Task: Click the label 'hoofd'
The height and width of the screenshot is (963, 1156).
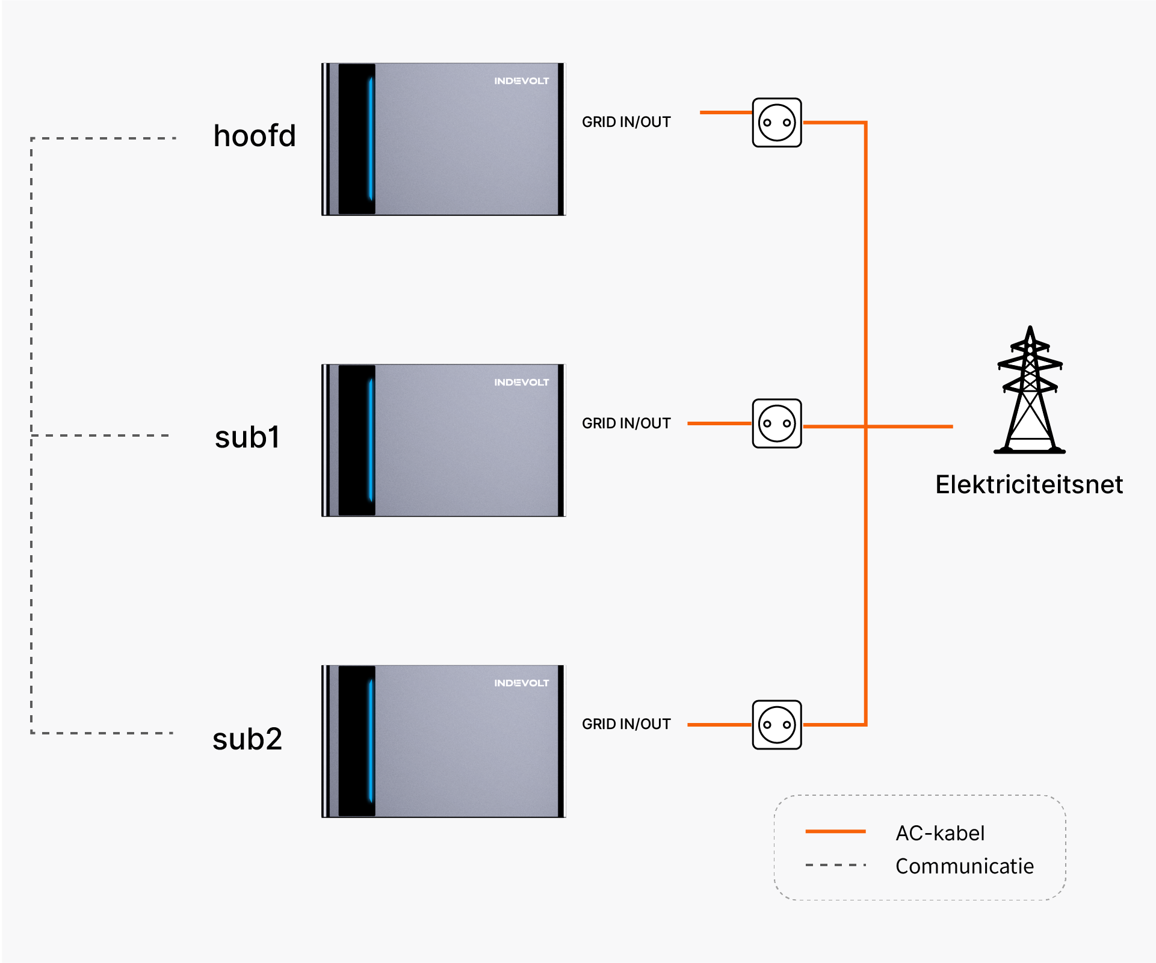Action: click(x=255, y=135)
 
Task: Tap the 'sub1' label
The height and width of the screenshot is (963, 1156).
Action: click(x=247, y=437)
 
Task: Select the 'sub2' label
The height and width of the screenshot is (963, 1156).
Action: click(x=247, y=739)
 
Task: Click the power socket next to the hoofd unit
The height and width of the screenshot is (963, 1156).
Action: click(x=777, y=123)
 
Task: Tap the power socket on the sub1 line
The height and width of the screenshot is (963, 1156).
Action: click(x=777, y=423)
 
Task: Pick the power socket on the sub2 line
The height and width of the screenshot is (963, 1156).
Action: click(x=777, y=725)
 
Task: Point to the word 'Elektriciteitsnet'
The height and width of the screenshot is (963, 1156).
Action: click(x=1029, y=484)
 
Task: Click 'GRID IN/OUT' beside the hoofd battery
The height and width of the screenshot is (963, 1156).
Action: click(x=626, y=122)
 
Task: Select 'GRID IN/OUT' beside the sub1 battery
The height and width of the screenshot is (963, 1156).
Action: click(x=626, y=423)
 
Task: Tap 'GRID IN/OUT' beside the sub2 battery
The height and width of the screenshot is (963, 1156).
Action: click(x=626, y=724)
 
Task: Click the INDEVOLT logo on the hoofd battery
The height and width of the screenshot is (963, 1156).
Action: click(x=522, y=81)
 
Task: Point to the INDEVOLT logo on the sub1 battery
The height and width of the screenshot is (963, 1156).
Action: click(x=522, y=383)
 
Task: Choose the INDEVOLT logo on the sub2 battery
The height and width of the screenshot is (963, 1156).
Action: click(x=522, y=683)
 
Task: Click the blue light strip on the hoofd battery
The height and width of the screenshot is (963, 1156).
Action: click(x=371, y=138)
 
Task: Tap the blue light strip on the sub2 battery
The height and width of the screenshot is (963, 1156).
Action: click(x=371, y=740)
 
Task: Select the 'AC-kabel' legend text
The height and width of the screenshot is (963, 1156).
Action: click(x=940, y=833)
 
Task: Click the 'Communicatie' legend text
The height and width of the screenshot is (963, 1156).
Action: click(x=965, y=866)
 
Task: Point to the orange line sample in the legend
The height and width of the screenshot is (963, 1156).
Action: click(x=835, y=831)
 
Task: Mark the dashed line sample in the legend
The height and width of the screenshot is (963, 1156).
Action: click(x=835, y=865)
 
